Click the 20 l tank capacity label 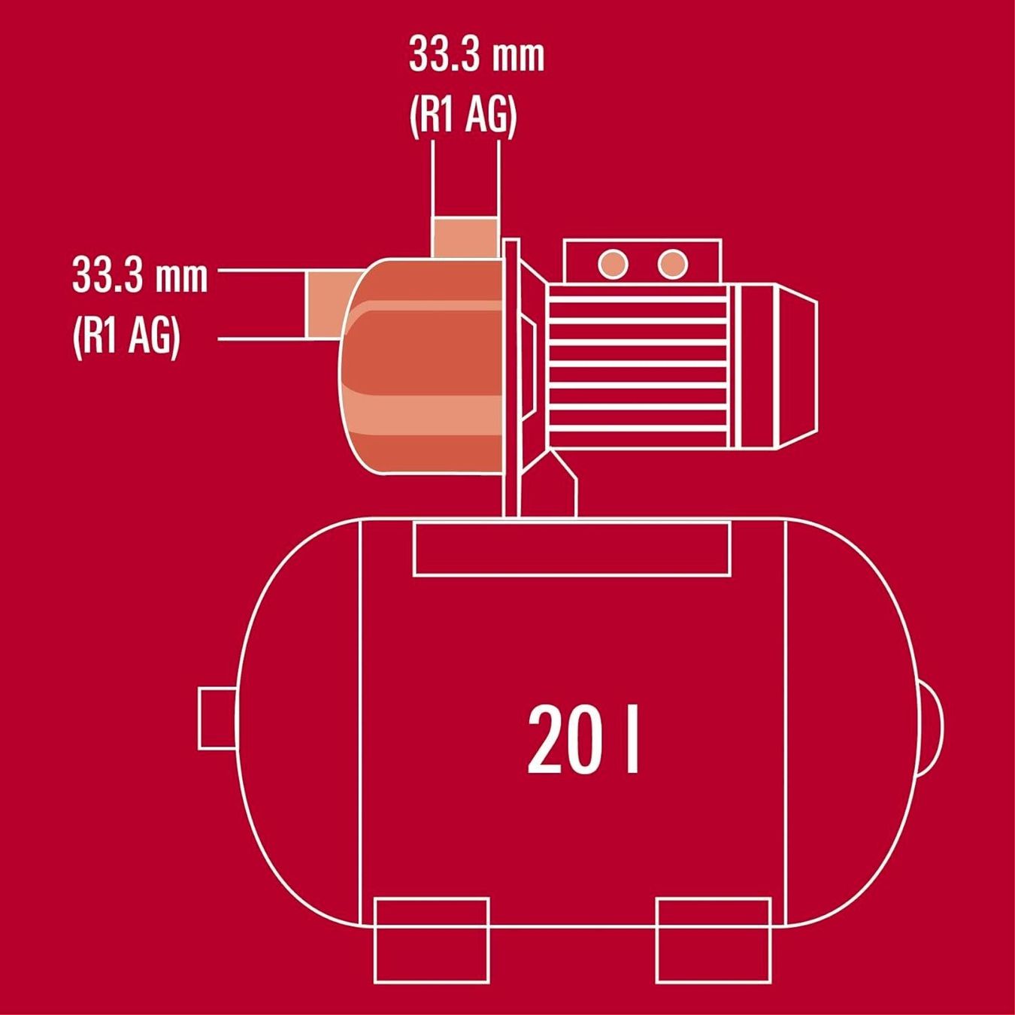(583, 739)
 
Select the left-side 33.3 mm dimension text (140, 276)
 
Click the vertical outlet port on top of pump (465, 238)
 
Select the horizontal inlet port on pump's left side (331, 305)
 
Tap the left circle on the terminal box (613, 263)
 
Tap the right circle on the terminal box (673, 263)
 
